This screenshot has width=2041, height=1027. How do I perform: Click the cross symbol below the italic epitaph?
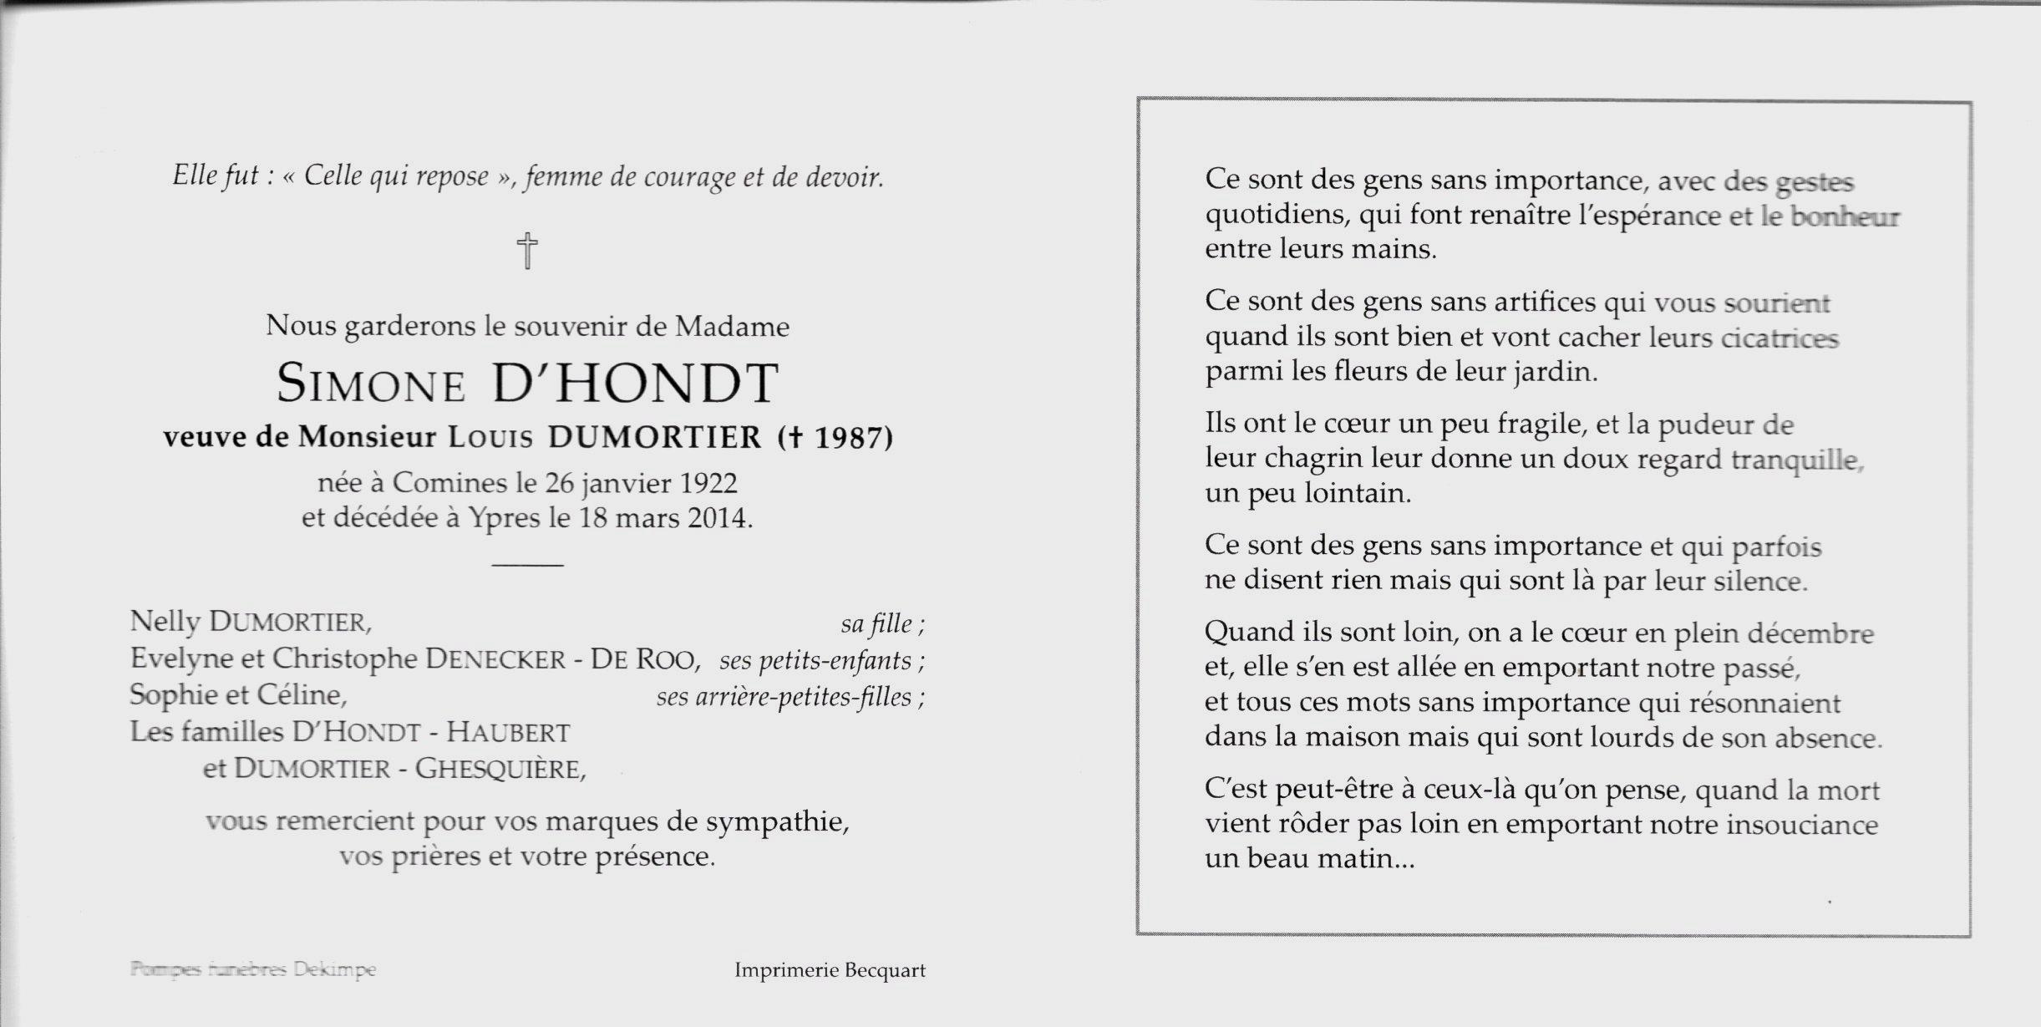(527, 251)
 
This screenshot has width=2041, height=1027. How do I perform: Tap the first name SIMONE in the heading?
(371, 384)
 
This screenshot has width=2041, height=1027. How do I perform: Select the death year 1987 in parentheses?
(849, 437)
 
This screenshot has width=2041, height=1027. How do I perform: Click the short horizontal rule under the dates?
(527, 566)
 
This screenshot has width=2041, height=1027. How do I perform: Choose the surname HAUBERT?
(508, 733)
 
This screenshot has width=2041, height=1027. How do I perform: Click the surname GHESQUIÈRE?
(500, 769)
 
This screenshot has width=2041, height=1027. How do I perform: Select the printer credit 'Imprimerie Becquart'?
(830, 970)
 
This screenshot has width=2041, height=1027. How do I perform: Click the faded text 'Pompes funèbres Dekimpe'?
(253, 969)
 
